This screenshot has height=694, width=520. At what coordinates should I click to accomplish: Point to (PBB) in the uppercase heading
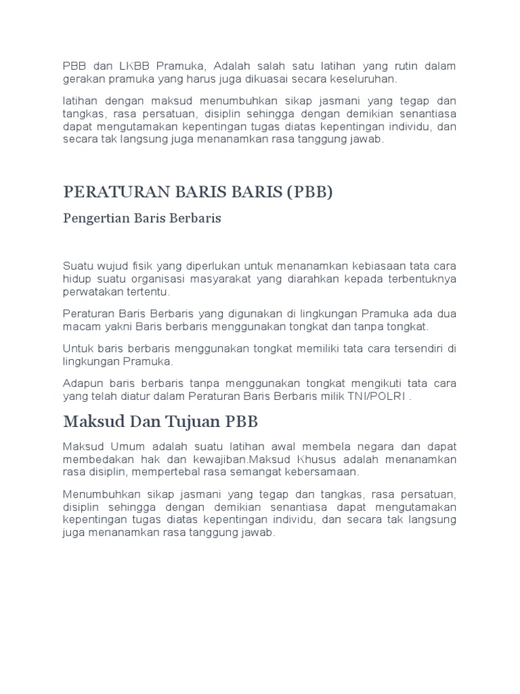310,192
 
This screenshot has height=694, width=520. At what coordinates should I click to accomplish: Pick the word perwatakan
89,292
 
